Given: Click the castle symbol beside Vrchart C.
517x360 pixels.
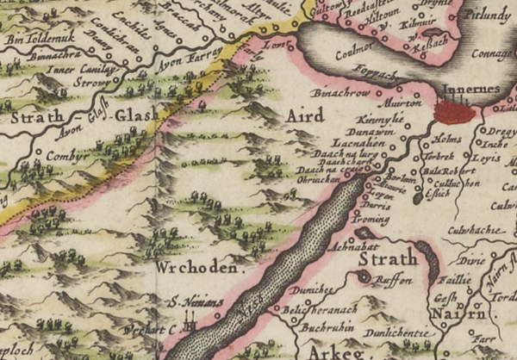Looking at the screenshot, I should click(x=192, y=327).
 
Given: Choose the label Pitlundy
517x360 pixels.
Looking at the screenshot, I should click(x=483, y=16).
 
